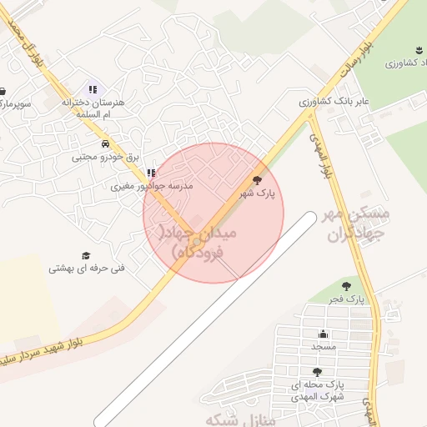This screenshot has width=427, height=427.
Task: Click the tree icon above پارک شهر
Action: click(256, 179)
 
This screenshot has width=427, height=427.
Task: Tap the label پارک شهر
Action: click(257, 193)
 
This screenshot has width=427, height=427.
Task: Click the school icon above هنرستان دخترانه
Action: click(92, 89)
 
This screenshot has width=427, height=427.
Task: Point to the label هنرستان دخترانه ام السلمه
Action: click(92, 108)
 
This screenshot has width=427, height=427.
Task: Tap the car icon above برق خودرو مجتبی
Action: click(104, 143)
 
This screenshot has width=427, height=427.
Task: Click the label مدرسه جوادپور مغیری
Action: click(152, 187)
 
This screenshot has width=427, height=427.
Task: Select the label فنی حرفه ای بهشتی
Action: click(86, 269)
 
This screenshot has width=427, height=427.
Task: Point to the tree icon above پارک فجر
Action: click(346, 286)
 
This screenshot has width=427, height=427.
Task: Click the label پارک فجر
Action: click(345, 299)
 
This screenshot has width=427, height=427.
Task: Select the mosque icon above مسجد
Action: click(323, 334)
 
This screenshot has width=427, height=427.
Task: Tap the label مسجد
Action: click(323, 345)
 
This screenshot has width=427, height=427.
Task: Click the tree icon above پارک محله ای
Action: click(316, 372)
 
